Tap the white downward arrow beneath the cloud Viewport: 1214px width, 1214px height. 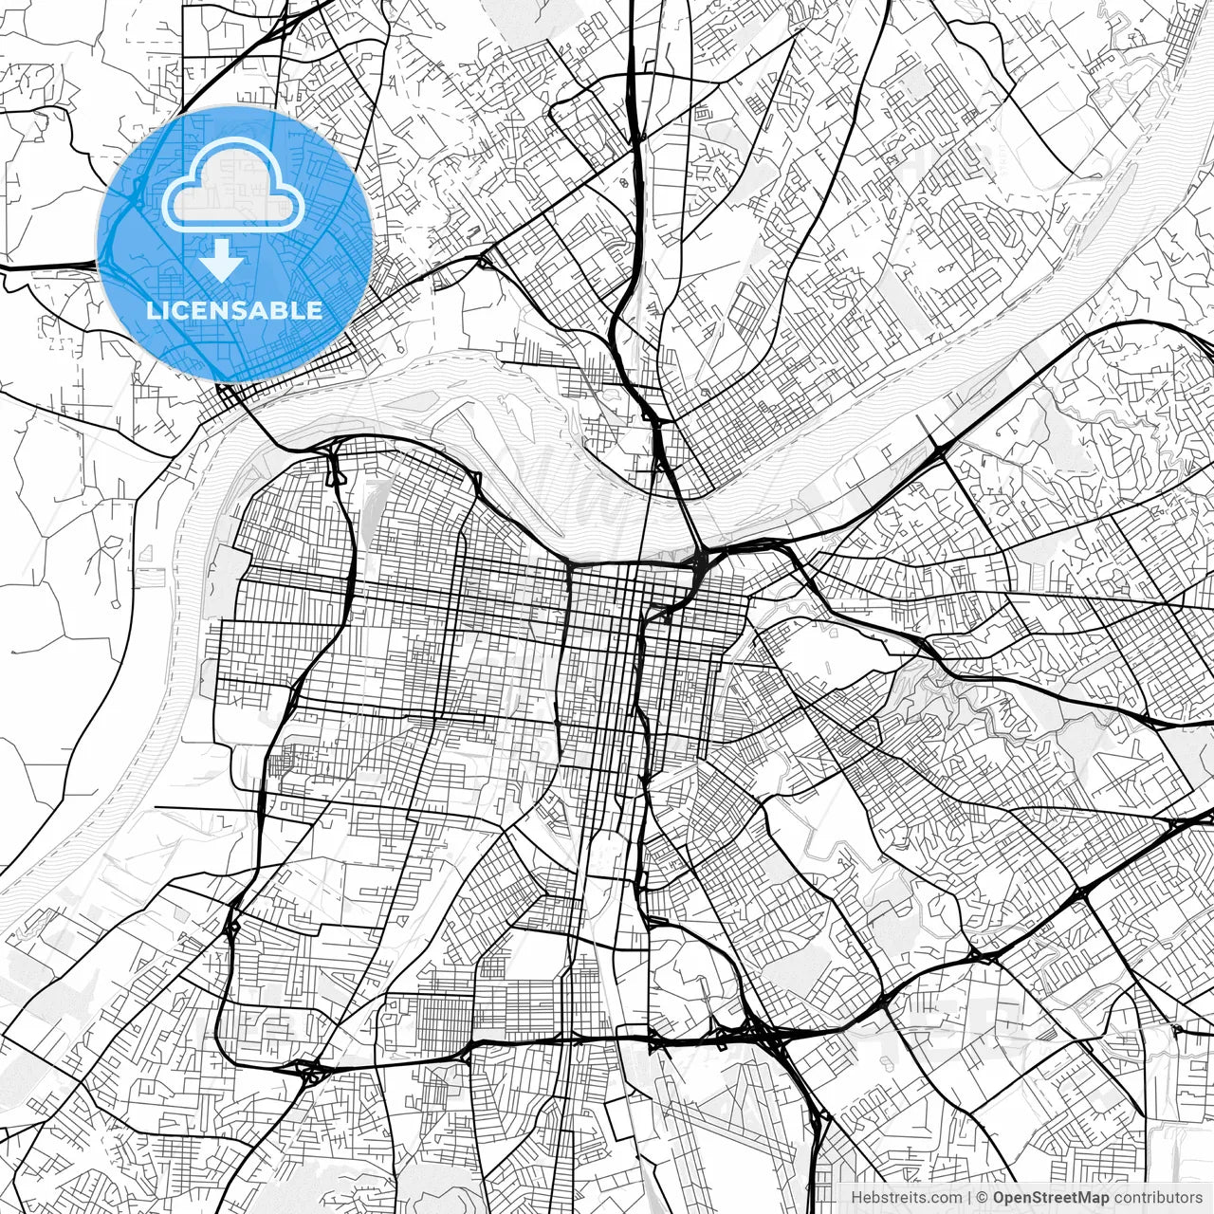click(222, 260)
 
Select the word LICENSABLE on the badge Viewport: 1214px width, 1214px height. click(233, 310)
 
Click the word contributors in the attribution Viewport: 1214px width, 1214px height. click(1157, 1198)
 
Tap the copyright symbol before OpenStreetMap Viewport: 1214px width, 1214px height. click(983, 1198)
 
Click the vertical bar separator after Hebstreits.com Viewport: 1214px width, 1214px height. click(968, 1198)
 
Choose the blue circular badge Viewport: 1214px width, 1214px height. click(234, 244)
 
